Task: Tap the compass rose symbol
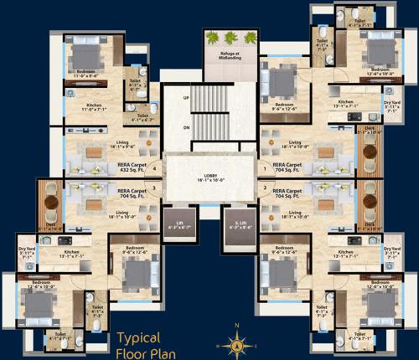tap(238, 342)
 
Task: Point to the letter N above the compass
tap(238, 326)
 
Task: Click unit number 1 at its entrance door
tap(265, 167)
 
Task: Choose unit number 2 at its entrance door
tap(265, 188)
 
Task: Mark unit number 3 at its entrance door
tap(154, 188)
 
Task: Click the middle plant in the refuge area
tap(229, 38)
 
